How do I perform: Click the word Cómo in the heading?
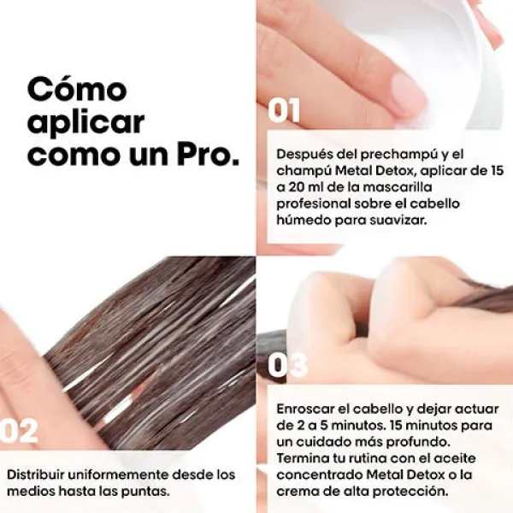[x=77, y=89]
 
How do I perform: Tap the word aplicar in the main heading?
[x=86, y=122]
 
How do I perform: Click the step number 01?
[x=284, y=110]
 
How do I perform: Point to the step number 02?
[x=19, y=431]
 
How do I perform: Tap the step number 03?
[x=287, y=364]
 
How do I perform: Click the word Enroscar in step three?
[x=304, y=409]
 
